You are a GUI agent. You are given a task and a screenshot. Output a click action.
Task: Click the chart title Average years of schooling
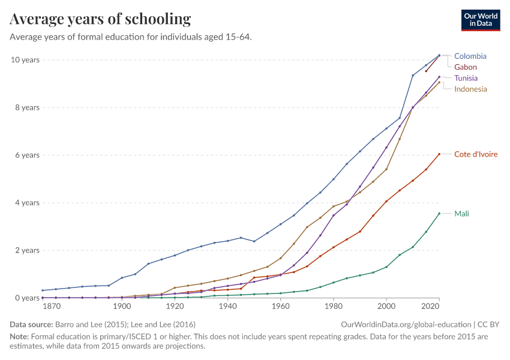click(100, 19)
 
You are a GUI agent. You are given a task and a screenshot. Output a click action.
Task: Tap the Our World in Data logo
click(480, 20)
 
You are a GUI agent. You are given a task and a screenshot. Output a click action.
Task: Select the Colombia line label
click(470, 56)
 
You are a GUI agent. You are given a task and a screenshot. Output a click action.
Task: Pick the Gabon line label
click(466, 67)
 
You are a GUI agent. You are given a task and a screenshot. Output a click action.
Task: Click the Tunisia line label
click(467, 78)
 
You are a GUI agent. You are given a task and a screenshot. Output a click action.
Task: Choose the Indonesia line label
click(470, 89)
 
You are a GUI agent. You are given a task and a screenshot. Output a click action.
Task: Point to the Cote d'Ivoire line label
click(476, 154)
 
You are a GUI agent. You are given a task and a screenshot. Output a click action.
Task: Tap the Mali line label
click(461, 213)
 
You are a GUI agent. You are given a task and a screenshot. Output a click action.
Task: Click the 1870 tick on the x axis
click(52, 307)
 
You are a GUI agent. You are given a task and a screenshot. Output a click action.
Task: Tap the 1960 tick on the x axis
click(281, 307)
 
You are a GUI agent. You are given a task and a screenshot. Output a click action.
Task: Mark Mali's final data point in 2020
click(439, 214)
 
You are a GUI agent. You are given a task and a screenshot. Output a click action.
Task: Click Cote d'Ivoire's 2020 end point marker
click(439, 154)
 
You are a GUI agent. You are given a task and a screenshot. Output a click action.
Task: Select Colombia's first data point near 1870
click(43, 290)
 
